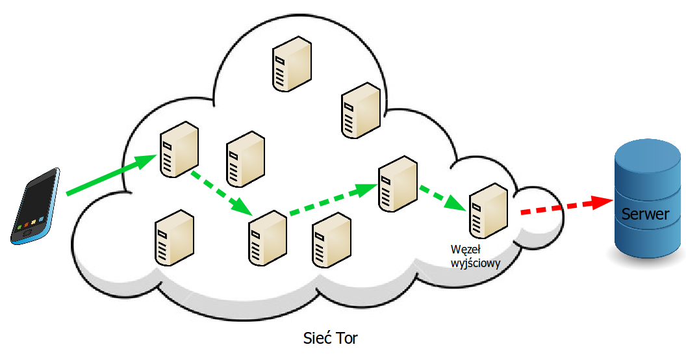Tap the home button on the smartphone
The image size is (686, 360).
click(27, 233)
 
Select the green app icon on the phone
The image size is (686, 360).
click(19, 227)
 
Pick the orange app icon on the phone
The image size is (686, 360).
click(26, 225)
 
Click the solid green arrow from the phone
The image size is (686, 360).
click(111, 175)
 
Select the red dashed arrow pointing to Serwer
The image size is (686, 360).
click(567, 206)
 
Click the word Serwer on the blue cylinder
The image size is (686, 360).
click(645, 214)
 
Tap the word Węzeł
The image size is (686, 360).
click(466, 250)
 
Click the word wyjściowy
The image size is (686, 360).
click(476, 263)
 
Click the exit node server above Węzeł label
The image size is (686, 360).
click(489, 211)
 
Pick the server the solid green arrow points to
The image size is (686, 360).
click(179, 149)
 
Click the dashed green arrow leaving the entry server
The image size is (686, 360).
click(222, 194)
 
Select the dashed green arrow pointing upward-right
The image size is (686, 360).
click(333, 199)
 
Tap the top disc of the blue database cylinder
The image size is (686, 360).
click(648, 153)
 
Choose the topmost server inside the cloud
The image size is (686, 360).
click(292, 64)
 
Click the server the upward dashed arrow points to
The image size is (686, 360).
click(398, 184)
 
